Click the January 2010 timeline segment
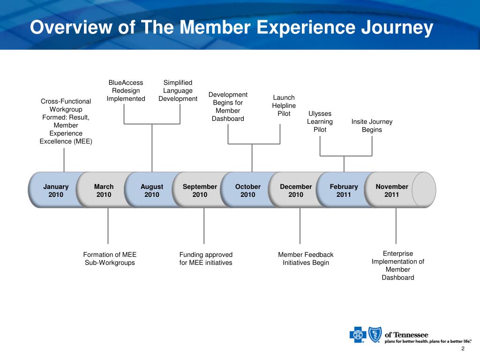[56, 190]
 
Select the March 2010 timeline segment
[104, 190]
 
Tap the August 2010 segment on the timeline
[152, 190]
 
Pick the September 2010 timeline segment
[200, 190]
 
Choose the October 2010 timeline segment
[248, 190]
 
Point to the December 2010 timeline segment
[296, 190]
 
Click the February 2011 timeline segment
[344, 190]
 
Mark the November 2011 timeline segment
[392, 190]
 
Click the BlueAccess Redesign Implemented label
[126, 90]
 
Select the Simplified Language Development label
[178, 90]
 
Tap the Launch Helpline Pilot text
[284, 105]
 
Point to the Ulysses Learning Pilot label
[320, 121]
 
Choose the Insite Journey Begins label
[372, 126]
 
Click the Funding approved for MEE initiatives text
[206, 258]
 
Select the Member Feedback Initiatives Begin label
[306, 258]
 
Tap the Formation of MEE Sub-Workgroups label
[110, 258]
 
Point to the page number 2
[463, 349]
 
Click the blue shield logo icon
[374, 335]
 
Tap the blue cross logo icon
[357, 335]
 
